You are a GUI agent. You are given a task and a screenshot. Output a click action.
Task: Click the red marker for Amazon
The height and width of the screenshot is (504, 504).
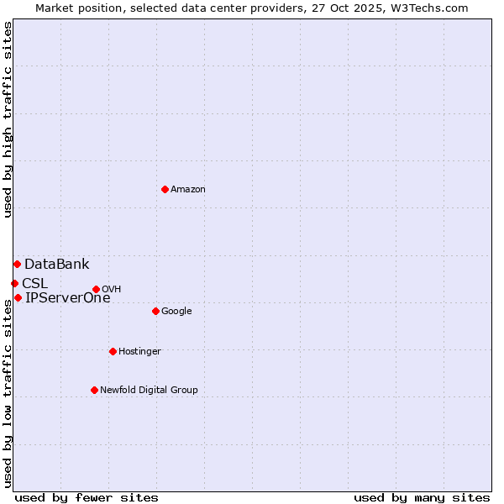tap(165, 189)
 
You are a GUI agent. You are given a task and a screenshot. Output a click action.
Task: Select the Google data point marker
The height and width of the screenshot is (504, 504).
tap(155, 311)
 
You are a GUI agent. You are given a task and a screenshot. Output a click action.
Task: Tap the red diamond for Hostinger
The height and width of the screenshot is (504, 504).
tap(113, 351)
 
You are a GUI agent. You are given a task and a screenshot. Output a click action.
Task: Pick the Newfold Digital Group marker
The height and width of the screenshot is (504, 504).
tap(94, 390)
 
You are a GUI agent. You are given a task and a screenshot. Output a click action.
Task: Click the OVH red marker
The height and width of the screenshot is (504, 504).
tap(96, 290)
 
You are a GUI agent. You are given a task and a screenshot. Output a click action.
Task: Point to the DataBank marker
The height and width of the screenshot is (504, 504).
tap(17, 265)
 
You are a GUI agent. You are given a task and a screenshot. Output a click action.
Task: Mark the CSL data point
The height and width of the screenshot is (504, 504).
tap(14, 283)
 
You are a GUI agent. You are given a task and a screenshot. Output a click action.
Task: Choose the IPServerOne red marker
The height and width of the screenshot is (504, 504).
tap(18, 297)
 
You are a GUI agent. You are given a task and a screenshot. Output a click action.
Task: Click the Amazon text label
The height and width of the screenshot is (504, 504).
tap(188, 190)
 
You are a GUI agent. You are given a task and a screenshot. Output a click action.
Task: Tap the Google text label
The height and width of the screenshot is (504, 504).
tap(176, 312)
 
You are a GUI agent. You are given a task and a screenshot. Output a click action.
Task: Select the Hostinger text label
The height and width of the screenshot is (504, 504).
tap(139, 351)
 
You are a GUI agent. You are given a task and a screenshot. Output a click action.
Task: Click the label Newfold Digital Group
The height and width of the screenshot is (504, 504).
tap(149, 390)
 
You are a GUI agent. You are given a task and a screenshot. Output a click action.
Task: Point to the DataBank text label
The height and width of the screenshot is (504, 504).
tap(56, 265)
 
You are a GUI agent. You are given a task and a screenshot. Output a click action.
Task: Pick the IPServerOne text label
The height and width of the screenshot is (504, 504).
tap(67, 297)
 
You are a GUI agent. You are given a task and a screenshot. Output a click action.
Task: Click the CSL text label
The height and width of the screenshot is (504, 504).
tap(34, 283)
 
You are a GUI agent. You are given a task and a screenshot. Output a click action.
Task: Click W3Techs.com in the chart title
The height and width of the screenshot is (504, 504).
tap(429, 8)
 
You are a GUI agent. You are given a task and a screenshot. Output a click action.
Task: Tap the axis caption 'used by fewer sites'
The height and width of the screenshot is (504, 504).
tap(87, 497)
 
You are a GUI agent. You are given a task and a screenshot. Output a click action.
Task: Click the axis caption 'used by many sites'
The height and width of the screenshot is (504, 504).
tap(422, 497)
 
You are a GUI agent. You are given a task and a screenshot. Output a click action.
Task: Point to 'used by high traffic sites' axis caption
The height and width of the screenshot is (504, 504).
tap(8, 119)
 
